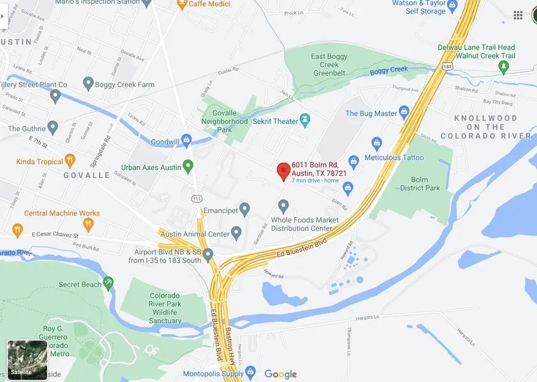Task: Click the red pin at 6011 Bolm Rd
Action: coord(284,171)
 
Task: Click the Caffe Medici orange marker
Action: coord(181,5)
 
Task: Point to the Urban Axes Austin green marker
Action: coord(189,167)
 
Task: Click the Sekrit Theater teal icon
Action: coord(305,121)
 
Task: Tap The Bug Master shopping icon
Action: coord(404,113)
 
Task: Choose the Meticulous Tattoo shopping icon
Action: coord(376,143)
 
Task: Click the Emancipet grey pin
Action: coord(244,210)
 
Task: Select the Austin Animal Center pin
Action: coord(236,233)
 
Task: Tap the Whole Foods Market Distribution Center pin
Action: coord(284,207)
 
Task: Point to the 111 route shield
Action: coord(196,198)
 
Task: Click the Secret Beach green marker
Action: coord(108,283)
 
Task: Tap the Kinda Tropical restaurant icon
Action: coord(70,161)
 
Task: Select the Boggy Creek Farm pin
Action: coord(88,84)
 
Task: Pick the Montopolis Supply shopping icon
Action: coord(251,372)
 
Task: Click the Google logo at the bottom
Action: coord(280,374)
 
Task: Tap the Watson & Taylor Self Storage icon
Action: coord(452,7)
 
